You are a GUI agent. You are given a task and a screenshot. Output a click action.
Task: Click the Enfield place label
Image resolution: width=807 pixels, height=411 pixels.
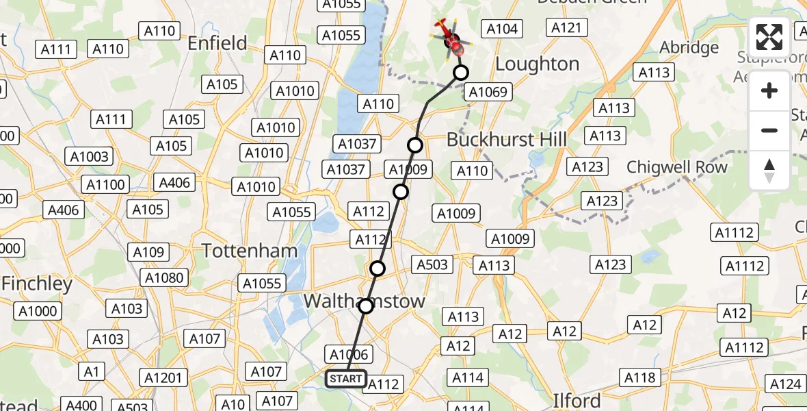[217, 44]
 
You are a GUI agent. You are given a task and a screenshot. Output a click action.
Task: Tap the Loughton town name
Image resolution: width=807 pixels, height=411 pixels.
[537, 64]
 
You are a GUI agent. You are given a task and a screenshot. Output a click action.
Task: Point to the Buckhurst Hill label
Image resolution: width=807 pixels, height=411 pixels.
[506, 140]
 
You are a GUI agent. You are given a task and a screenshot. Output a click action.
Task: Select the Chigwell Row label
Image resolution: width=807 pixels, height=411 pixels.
[676, 167]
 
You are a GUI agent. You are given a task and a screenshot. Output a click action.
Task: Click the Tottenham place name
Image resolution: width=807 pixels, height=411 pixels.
[250, 251]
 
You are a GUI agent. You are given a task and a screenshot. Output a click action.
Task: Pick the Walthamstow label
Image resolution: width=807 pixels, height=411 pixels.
[364, 301]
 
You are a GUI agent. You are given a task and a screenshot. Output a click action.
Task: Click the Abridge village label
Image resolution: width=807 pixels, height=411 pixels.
[689, 48]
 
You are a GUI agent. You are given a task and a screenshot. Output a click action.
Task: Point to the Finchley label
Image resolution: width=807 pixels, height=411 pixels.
[37, 284]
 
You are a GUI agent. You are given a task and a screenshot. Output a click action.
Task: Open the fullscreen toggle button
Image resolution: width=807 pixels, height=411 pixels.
[769, 37]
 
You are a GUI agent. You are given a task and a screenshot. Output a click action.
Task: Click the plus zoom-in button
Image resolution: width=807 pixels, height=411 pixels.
[769, 90]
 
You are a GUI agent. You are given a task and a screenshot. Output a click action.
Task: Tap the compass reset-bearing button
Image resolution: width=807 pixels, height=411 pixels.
[769, 170]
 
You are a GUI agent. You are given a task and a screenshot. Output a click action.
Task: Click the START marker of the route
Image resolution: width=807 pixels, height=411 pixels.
[346, 379]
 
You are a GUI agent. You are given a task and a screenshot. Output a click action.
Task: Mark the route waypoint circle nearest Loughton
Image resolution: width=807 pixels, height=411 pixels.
[461, 73]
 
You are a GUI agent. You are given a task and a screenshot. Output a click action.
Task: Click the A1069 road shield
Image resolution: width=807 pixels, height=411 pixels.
[486, 92]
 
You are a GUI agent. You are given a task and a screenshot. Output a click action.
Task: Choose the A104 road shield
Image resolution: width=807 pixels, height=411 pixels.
[501, 29]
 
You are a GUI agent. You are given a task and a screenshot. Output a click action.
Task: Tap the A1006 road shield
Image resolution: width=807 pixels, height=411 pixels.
[349, 354]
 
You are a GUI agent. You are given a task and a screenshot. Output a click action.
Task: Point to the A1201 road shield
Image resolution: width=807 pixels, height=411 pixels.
[164, 377]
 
